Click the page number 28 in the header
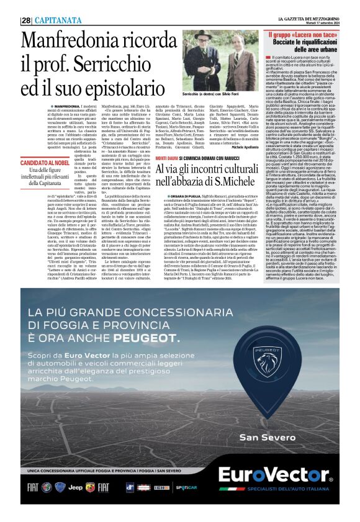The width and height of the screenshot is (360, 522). pyautogui.click(x=26, y=20)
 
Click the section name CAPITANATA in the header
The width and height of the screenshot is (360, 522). pyautogui.click(x=56, y=20)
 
